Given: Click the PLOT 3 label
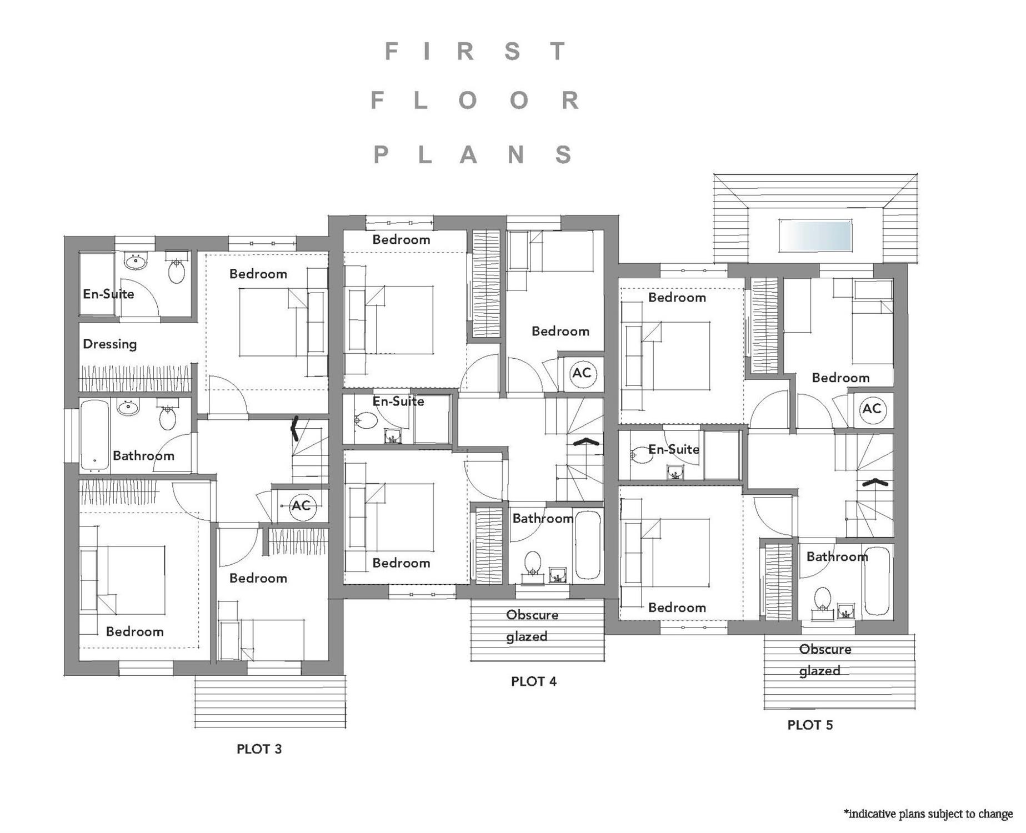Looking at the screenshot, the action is click(259, 749).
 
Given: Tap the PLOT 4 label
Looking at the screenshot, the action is click(534, 681).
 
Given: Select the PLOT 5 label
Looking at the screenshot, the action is click(810, 725).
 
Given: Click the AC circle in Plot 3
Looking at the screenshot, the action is click(302, 505).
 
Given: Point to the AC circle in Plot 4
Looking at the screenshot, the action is click(582, 373).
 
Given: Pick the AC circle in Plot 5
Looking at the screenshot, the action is click(872, 409).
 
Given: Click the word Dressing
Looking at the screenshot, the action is click(110, 344).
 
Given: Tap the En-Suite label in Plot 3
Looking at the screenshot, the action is click(108, 294).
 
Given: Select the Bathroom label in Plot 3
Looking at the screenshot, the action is click(143, 456).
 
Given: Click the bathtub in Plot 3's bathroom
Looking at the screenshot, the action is click(94, 435).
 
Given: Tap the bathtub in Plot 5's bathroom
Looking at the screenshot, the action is click(878, 580).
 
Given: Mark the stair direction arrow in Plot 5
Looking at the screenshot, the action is click(874, 482).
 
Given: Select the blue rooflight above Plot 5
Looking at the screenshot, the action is click(815, 235).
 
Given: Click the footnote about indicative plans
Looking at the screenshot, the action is click(928, 814).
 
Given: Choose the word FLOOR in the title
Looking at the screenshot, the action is click(475, 101).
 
